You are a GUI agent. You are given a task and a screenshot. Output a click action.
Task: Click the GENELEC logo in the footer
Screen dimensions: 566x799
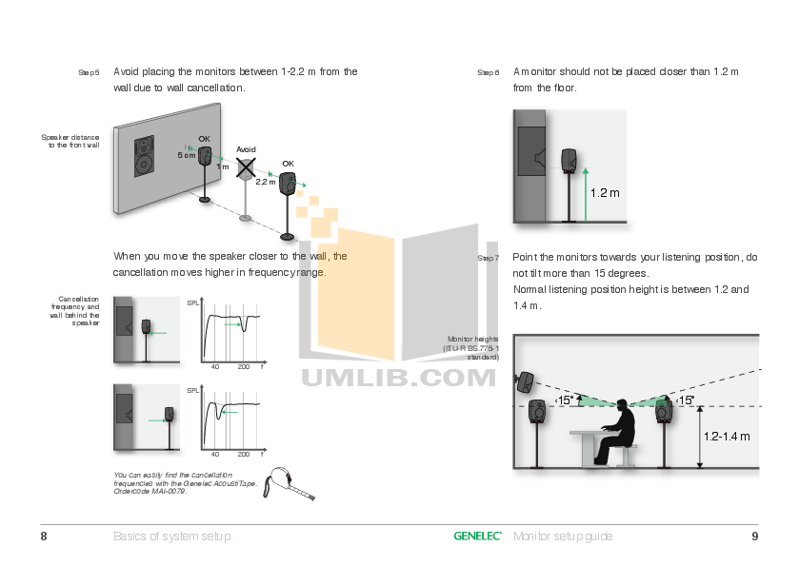click(478, 537)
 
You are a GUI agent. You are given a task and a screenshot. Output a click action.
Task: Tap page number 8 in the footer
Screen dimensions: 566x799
click(44, 537)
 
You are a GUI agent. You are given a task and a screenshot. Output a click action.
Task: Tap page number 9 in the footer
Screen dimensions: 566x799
click(754, 537)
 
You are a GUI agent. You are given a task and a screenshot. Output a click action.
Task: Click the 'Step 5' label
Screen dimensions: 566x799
click(89, 72)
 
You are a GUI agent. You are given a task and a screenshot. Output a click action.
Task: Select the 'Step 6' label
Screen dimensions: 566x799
click(488, 72)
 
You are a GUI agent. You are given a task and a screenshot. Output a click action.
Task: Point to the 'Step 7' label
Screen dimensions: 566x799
click(488, 259)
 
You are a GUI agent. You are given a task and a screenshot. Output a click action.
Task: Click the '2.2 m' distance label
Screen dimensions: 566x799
click(266, 181)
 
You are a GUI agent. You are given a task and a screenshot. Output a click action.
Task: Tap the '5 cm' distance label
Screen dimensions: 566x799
click(187, 154)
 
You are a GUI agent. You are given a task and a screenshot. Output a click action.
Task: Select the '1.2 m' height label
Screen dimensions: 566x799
click(605, 193)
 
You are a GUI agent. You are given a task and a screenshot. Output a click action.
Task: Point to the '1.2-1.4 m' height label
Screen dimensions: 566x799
click(728, 437)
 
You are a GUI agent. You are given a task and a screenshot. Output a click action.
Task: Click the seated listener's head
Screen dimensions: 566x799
click(623, 406)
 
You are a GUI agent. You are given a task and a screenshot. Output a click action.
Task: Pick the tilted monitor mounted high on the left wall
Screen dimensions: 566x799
click(523, 381)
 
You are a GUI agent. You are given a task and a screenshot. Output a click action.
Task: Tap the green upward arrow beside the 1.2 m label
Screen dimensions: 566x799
click(586, 191)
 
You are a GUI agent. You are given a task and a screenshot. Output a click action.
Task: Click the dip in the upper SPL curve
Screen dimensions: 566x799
click(246, 326)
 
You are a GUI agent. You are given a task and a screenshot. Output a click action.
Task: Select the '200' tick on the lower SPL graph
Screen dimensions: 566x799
click(243, 455)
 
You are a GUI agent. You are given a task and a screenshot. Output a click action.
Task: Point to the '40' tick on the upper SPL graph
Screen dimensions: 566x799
click(214, 366)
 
